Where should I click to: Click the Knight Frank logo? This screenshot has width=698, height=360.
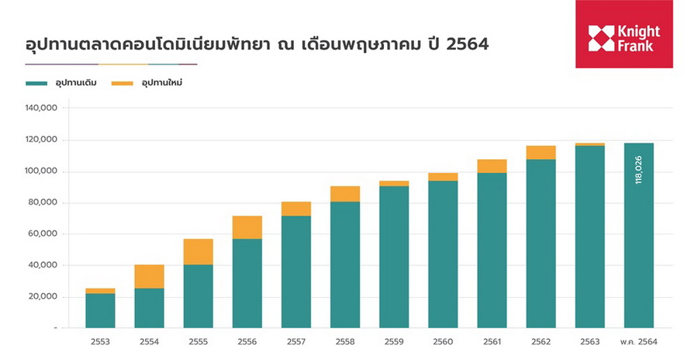(x=624, y=34)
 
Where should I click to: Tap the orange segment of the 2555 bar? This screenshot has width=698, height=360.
(x=198, y=251)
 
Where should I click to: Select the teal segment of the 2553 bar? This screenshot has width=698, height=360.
(x=100, y=310)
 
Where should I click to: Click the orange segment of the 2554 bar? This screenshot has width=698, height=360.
(x=149, y=276)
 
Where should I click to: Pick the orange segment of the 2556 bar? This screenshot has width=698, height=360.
(x=247, y=227)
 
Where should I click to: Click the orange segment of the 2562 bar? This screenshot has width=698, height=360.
(x=541, y=152)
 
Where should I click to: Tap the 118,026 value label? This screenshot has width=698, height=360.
(x=638, y=168)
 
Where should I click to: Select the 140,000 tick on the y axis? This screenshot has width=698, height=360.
(x=42, y=109)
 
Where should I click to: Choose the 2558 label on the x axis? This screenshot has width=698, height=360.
(x=345, y=341)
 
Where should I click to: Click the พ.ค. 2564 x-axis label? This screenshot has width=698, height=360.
(x=638, y=341)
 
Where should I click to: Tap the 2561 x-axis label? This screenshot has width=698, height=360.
(x=492, y=341)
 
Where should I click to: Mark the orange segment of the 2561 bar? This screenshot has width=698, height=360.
(x=492, y=166)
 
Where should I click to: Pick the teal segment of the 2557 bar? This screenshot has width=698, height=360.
(x=295, y=272)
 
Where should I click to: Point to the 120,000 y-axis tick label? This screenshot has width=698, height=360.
(x=42, y=140)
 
